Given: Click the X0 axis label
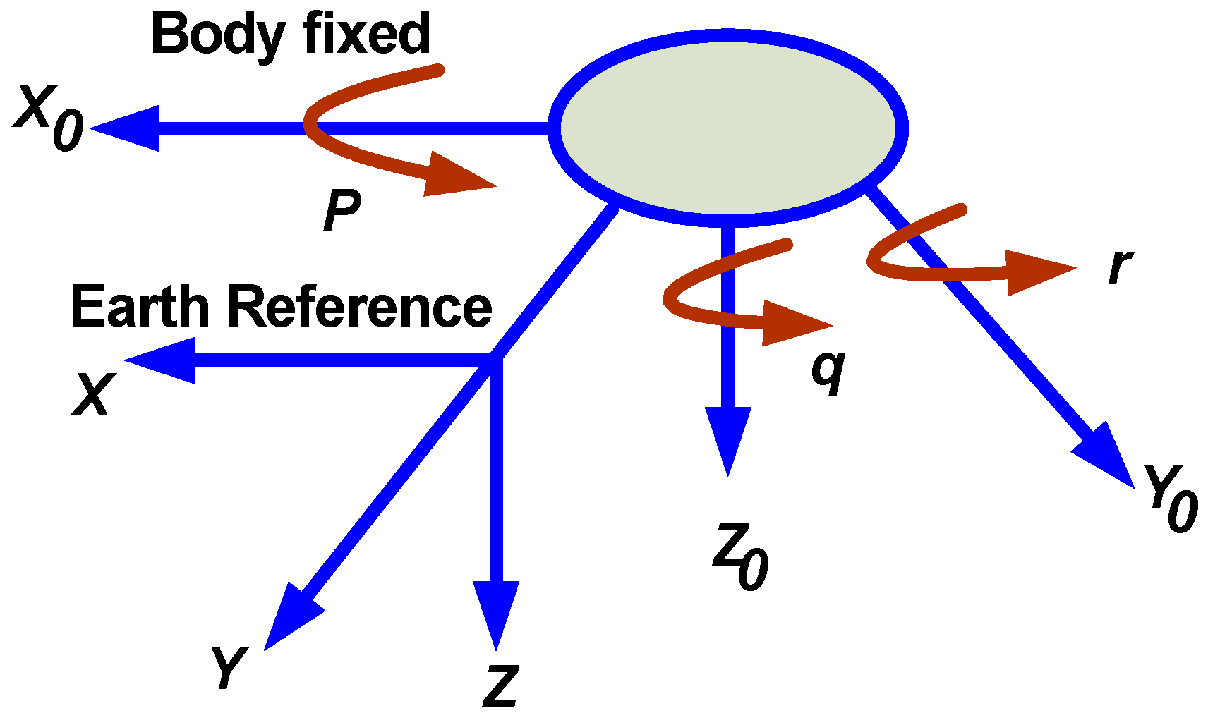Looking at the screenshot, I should [x=48, y=117].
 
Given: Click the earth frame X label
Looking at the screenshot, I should [x=92, y=395].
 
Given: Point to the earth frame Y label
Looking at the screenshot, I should [x=227, y=667].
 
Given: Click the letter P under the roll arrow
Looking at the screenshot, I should [x=342, y=211].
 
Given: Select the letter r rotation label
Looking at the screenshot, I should [x=1120, y=266].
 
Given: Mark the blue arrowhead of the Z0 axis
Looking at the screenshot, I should [x=727, y=437].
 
